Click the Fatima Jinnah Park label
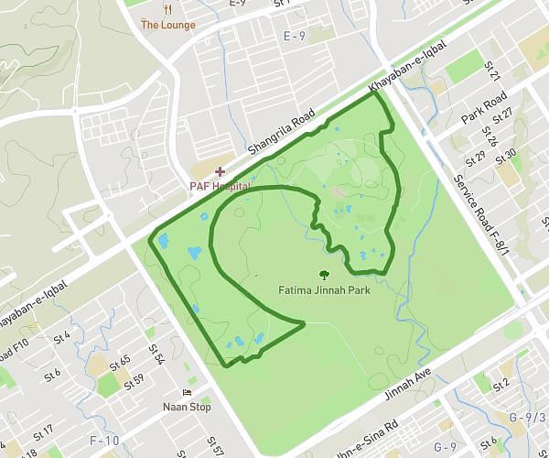(324, 290)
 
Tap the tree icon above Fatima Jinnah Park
(323, 274)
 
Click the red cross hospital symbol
(220, 171)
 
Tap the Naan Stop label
(187, 408)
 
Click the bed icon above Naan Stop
(187, 393)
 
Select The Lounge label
(167, 25)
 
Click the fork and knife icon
(167, 8)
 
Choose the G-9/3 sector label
(527, 419)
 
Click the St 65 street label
(120, 363)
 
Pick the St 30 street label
(506, 156)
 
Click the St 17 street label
(43, 432)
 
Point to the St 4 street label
(62, 337)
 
